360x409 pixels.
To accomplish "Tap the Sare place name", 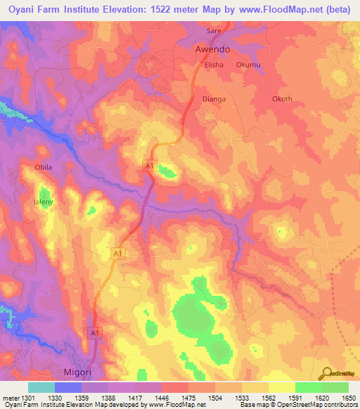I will tap(214, 32).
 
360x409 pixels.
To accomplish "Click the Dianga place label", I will tap(214, 99).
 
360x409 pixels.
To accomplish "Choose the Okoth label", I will tap(281, 99).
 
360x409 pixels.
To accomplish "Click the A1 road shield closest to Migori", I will tap(94, 331).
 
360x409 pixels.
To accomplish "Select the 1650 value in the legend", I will tap(349, 398).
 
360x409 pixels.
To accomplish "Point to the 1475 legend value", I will tap(188, 398).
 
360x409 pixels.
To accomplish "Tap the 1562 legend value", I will tap(269, 398).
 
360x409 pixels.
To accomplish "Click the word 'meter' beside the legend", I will tap(9, 398).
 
